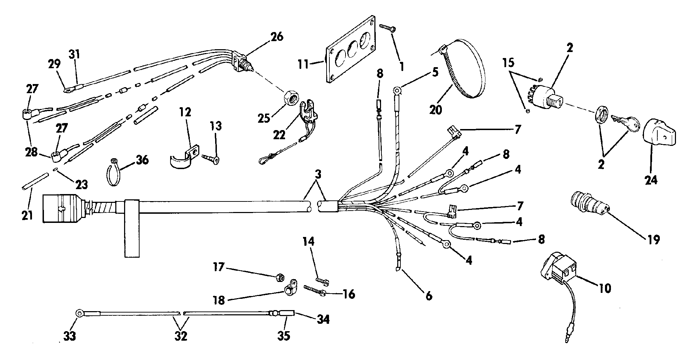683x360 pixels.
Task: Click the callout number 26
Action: (x=277, y=37)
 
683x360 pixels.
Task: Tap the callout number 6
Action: (x=428, y=296)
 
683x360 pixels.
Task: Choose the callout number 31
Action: (x=75, y=54)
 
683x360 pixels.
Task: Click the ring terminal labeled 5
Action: (x=397, y=90)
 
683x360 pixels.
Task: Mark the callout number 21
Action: (x=27, y=215)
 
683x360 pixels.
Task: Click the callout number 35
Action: (x=284, y=335)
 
